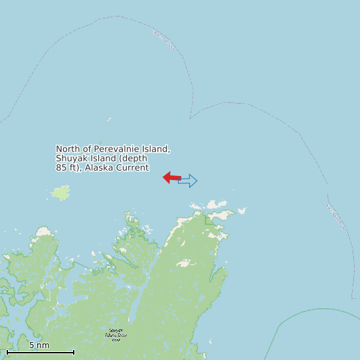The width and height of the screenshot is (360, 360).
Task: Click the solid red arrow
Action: pyautogui.click(x=171, y=177)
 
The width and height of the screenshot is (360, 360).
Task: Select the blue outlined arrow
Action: pyautogui.click(x=189, y=181)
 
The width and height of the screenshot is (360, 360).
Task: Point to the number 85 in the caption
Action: pyautogui.click(x=62, y=167)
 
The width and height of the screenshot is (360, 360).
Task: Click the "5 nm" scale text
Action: pyautogui.click(x=39, y=345)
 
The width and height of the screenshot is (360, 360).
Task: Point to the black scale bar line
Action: pyautogui.click(x=40, y=352)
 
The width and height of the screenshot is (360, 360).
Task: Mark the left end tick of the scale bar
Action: pyautogui.click(x=7, y=352)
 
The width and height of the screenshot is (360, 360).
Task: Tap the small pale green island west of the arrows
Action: pyautogui.click(x=61, y=193)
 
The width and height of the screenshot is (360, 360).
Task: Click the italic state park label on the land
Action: pyautogui.click(x=115, y=335)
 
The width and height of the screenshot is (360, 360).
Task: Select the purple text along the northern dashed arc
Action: pyautogui.click(x=163, y=40)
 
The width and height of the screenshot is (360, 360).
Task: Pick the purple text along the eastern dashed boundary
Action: pyautogui.click(x=337, y=217)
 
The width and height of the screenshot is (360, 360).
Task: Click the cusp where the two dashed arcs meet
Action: pyautogui.click(x=190, y=119)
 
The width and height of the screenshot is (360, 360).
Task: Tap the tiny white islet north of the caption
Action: pyautogui.click(x=110, y=120)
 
